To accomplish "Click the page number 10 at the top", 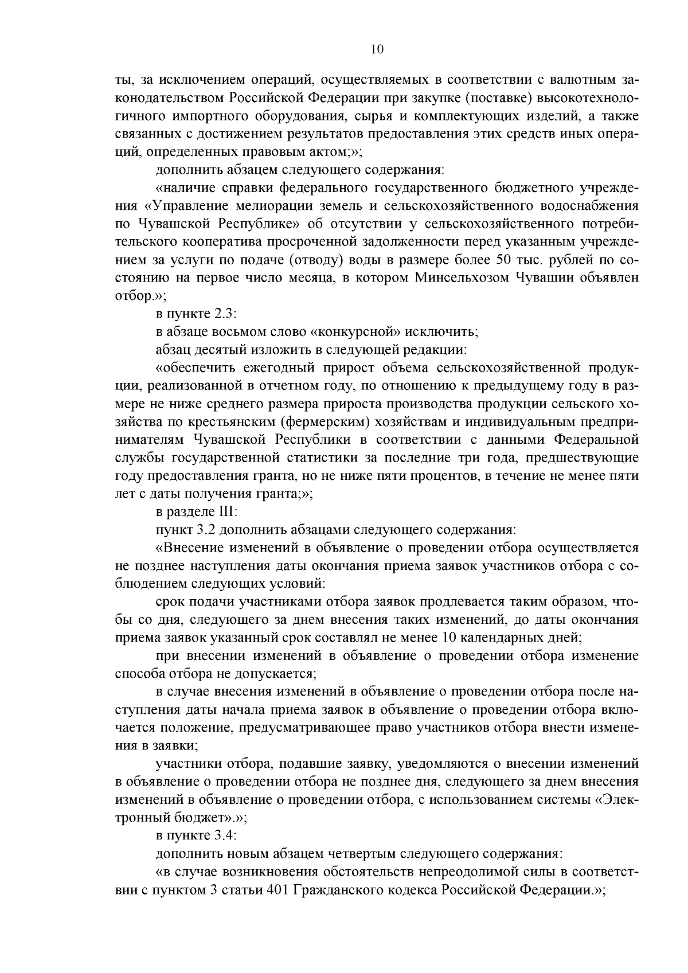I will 377,49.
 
